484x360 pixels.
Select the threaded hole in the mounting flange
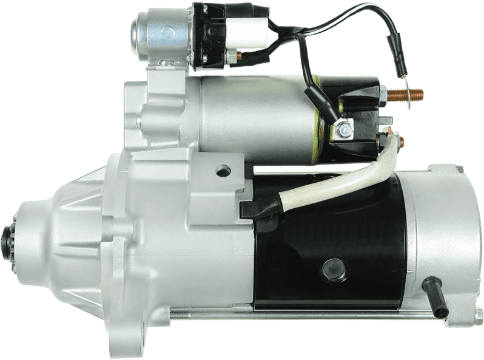pyautogui.click(x=223, y=171)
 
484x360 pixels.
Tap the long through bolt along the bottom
pyautogui.click(x=303, y=314)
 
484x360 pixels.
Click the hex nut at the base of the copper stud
pyautogui.click(x=382, y=95)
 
